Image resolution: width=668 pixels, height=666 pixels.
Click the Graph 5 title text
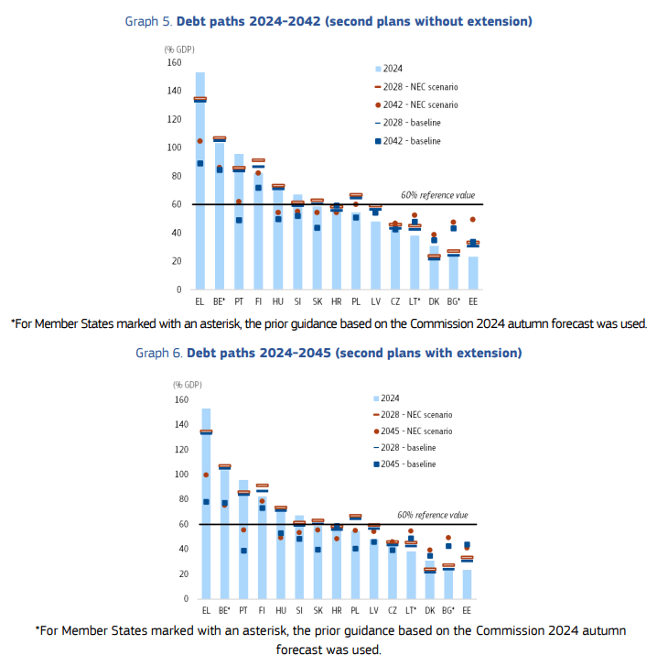click(x=329, y=21)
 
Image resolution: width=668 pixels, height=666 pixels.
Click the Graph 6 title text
click(x=329, y=353)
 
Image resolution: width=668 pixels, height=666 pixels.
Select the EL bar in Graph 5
click(x=200, y=180)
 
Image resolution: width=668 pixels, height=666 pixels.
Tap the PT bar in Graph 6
click(x=243, y=540)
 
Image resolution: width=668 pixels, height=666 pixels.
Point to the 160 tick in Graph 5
click(x=174, y=62)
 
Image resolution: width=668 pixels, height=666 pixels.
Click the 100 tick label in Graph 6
click(x=181, y=475)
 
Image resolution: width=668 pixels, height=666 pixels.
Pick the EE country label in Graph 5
click(x=473, y=301)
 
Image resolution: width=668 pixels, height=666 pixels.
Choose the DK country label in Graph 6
click(x=430, y=610)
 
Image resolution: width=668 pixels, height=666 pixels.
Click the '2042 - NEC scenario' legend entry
click(x=416, y=104)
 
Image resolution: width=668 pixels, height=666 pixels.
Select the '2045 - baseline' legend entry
click(x=404, y=464)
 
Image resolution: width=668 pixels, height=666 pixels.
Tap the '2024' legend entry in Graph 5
click(x=389, y=69)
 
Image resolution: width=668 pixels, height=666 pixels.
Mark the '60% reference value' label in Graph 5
click(x=437, y=195)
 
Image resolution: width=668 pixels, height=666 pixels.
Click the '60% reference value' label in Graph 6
click(x=433, y=515)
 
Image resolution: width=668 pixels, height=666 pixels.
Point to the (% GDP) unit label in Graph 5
click(x=179, y=49)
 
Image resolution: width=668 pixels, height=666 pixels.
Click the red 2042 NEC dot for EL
click(x=200, y=141)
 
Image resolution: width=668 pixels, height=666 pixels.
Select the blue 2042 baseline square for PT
click(x=239, y=220)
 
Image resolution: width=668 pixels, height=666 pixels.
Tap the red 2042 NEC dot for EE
click(x=473, y=220)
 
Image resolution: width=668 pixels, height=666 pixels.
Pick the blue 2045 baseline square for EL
click(x=206, y=502)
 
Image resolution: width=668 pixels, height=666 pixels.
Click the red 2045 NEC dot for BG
click(x=448, y=538)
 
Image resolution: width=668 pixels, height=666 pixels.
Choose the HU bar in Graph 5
click(x=278, y=238)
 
